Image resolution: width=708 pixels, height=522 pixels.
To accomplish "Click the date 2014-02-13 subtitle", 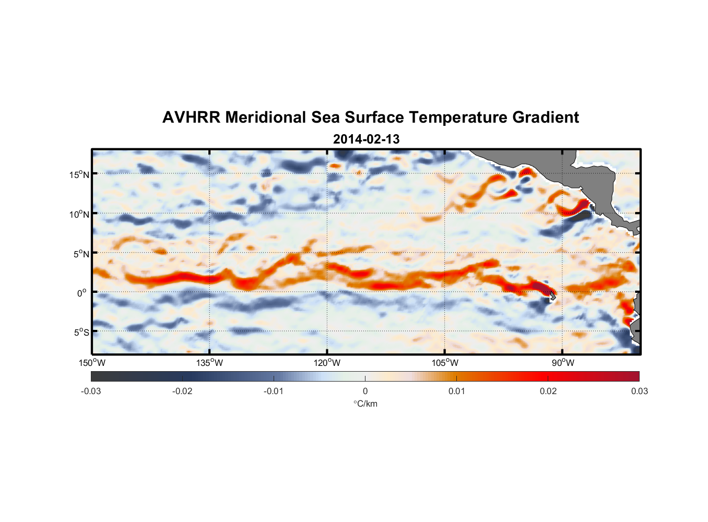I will [366, 139].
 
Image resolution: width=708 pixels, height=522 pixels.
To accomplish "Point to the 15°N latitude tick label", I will [79, 174].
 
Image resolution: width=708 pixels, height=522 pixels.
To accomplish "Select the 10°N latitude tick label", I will [79, 214].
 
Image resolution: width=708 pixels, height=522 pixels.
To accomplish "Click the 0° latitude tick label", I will [82, 293].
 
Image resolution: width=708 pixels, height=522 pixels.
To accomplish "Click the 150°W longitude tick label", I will [92, 363].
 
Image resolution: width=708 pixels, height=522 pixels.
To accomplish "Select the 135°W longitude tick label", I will [210, 363].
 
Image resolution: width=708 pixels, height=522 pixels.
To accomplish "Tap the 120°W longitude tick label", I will [327, 363].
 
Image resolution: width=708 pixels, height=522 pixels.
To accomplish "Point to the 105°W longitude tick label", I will [445, 363].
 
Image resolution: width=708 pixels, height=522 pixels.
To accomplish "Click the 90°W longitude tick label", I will [562, 363].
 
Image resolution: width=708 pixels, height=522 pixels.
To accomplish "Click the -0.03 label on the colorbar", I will [91, 391].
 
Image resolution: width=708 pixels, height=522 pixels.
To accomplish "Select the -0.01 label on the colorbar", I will [274, 391].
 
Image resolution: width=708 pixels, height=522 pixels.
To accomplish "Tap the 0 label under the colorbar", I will [365, 391].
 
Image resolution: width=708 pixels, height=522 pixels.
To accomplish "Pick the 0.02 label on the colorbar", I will [548, 391].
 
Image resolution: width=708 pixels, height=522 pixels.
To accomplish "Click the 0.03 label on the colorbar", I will [639, 391].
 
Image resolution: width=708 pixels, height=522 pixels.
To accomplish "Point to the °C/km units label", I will [365, 404].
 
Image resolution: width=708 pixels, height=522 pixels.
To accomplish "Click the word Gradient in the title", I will [546, 117].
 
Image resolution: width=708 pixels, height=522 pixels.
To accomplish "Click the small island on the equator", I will [552, 296].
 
